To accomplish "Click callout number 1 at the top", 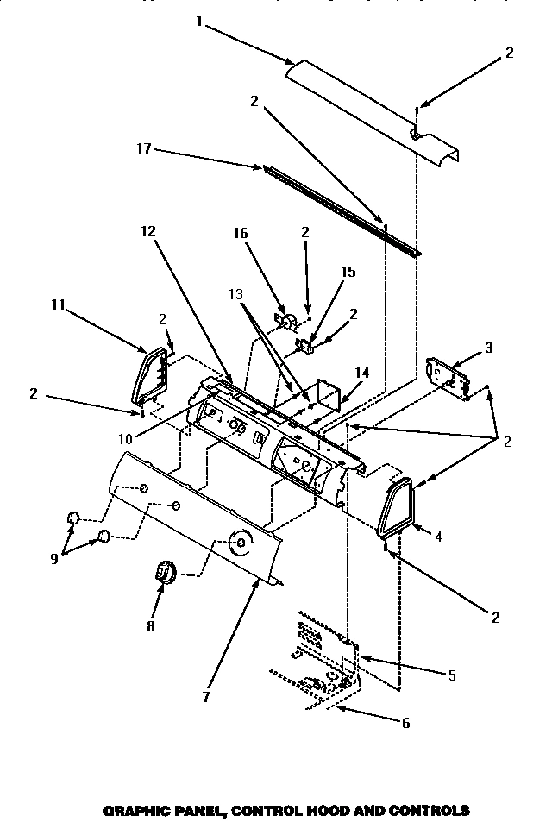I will (199, 22).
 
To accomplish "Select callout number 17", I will (144, 149).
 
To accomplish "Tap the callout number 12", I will (148, 230).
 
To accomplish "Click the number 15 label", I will (348, 271).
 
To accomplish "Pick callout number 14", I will (362, 373).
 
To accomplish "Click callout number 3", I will (489, 348).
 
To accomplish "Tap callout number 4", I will (438, 537).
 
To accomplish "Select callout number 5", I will (453, 675).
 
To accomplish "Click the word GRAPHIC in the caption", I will (138, 810).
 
